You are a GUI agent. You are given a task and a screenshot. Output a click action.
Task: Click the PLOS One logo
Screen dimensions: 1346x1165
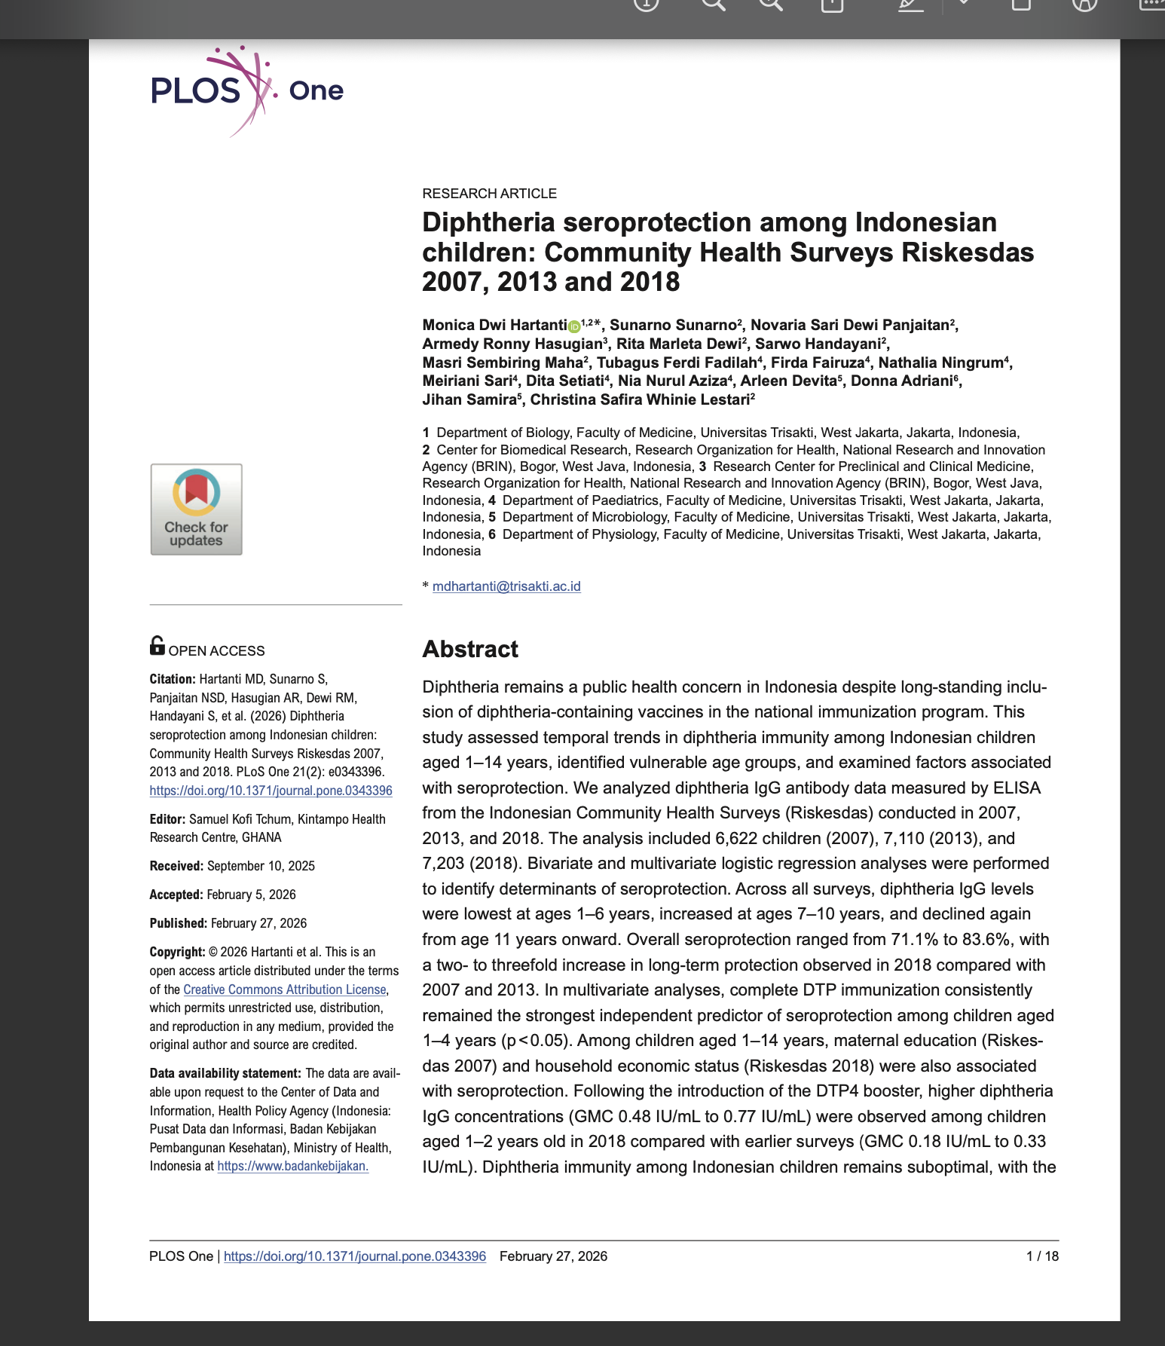tap(246, 90)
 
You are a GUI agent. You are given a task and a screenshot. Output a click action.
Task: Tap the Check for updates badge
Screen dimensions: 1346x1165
tap(196, 509)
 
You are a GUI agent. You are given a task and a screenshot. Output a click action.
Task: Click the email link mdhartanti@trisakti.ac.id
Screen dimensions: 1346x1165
tap(506, 586)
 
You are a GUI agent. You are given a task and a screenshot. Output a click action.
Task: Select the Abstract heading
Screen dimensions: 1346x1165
tap(470, 649)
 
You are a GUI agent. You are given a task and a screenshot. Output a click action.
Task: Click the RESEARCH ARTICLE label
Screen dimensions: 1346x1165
tap(489, 194)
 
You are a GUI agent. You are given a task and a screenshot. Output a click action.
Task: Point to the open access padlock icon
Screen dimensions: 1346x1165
tap(157, 646)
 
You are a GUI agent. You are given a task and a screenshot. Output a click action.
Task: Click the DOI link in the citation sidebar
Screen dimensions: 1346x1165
tap(271, 791)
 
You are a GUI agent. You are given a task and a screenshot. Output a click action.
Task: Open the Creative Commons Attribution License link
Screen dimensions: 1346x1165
tap(284, 990)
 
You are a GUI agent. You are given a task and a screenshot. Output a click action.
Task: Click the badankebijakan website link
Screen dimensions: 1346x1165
tap(292, 1166)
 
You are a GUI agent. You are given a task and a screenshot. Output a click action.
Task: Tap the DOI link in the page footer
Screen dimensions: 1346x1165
tap(354, 1256)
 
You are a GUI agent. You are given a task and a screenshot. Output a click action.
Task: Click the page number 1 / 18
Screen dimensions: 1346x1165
tap(1042, 1256)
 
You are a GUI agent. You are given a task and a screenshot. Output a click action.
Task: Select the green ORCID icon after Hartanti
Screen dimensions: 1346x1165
tap(574, 326)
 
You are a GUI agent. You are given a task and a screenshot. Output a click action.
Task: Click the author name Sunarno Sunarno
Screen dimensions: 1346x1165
tap(672, 325)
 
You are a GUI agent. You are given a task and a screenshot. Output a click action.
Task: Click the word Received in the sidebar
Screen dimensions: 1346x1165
tap(176, 866)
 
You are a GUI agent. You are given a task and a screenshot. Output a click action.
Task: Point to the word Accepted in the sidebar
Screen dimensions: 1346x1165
tap(176, 895)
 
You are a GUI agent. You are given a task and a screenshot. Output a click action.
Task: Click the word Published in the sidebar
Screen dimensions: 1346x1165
tap(178, 923)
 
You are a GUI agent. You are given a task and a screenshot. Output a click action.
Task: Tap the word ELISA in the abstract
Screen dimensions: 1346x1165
tap(1017, 788)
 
